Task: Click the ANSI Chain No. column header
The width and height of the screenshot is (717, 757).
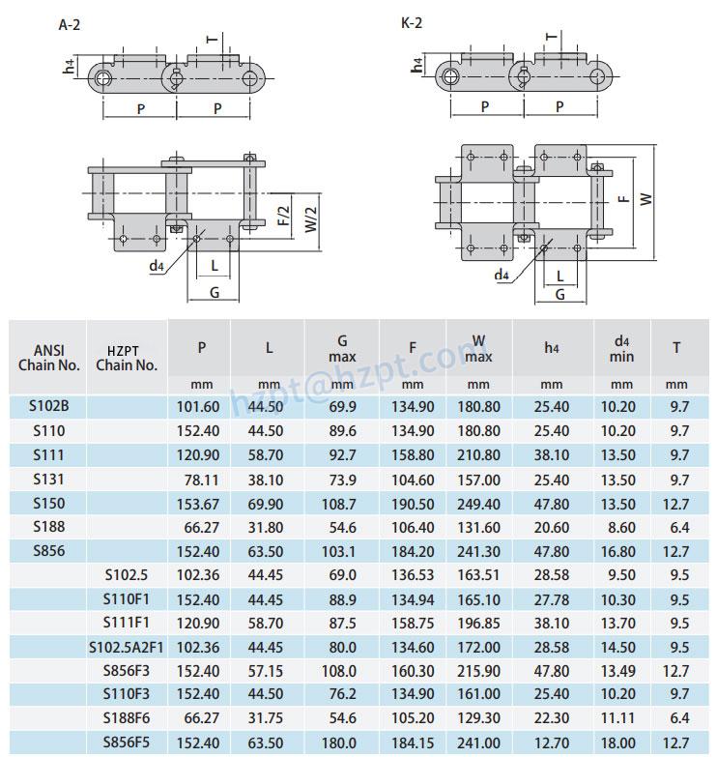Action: point(48,358)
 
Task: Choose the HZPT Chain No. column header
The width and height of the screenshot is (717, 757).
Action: point(127,358)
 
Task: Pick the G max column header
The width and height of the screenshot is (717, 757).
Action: point(342,349)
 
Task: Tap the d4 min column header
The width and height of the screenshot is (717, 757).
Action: point(622,349)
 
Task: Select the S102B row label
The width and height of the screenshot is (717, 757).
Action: point(48,406)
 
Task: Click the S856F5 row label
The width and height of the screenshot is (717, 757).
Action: point(127,742)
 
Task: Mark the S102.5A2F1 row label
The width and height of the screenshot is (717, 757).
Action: point(127,647)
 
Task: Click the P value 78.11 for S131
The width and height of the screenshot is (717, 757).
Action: point(200,480)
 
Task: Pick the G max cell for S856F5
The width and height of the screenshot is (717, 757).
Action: point(342,742)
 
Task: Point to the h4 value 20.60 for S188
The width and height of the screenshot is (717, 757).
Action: point(552,528)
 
